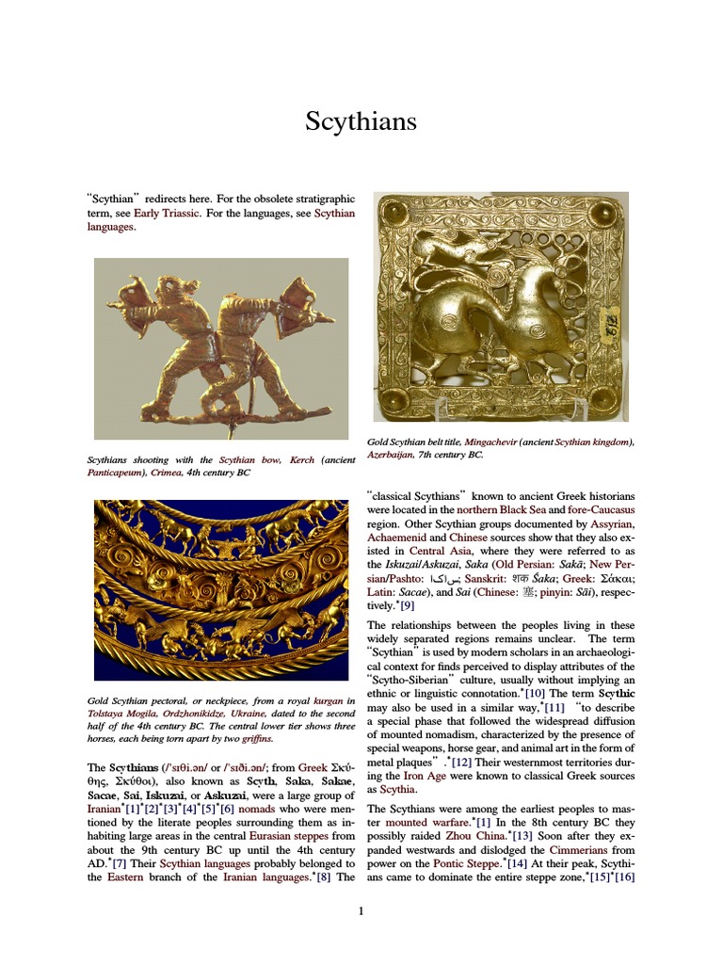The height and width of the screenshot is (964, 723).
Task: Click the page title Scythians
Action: [361, 121]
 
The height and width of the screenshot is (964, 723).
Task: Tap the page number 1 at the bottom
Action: [361, 910]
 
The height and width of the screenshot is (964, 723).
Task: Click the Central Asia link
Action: [440, 551]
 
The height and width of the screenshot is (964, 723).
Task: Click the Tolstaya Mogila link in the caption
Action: [121, 714]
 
